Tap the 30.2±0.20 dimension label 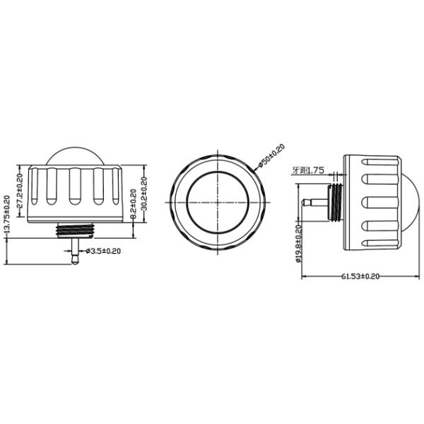[x=145, y=192]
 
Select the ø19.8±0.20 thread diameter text [x=299, y=242]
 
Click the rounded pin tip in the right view [x=305, y=202]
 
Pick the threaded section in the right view [x=336, y=202]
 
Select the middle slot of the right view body [x=379, y=202]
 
